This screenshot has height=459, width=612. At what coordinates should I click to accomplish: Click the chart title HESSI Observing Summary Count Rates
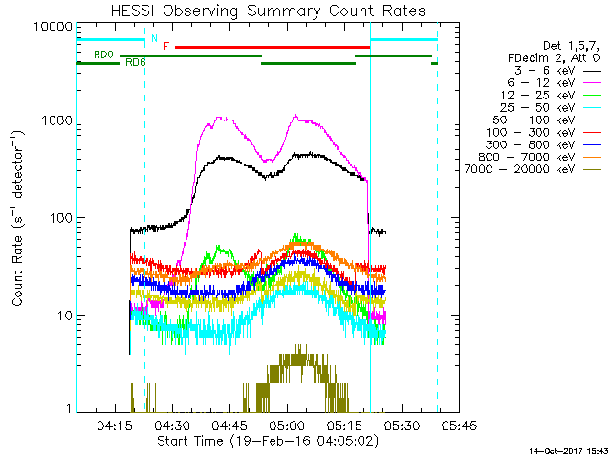click(268, 11)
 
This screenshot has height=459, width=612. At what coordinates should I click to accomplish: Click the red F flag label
click(167, 46)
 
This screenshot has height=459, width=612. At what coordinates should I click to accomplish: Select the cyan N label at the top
click(154, 39)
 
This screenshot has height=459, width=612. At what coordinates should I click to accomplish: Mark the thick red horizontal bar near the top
click(273, 46)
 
